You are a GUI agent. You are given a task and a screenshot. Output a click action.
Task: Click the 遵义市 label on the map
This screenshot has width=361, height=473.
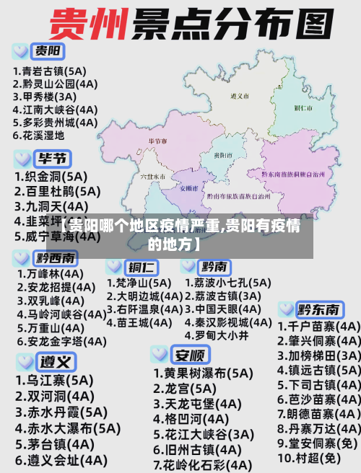point(239,95)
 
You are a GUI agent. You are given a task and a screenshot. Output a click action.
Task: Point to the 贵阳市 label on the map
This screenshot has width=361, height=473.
point(222,154)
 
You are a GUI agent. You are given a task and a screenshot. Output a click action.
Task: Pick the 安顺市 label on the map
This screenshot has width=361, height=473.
point(187,187)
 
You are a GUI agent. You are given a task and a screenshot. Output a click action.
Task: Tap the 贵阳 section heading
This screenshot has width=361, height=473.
point(48,51)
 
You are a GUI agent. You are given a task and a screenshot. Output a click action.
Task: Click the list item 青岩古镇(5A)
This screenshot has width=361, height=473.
point(48,71)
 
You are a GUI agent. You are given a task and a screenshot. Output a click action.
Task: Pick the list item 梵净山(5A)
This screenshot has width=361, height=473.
point(139,283)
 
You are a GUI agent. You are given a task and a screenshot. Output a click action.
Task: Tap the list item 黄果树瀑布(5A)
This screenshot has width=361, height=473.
point(203,373)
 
